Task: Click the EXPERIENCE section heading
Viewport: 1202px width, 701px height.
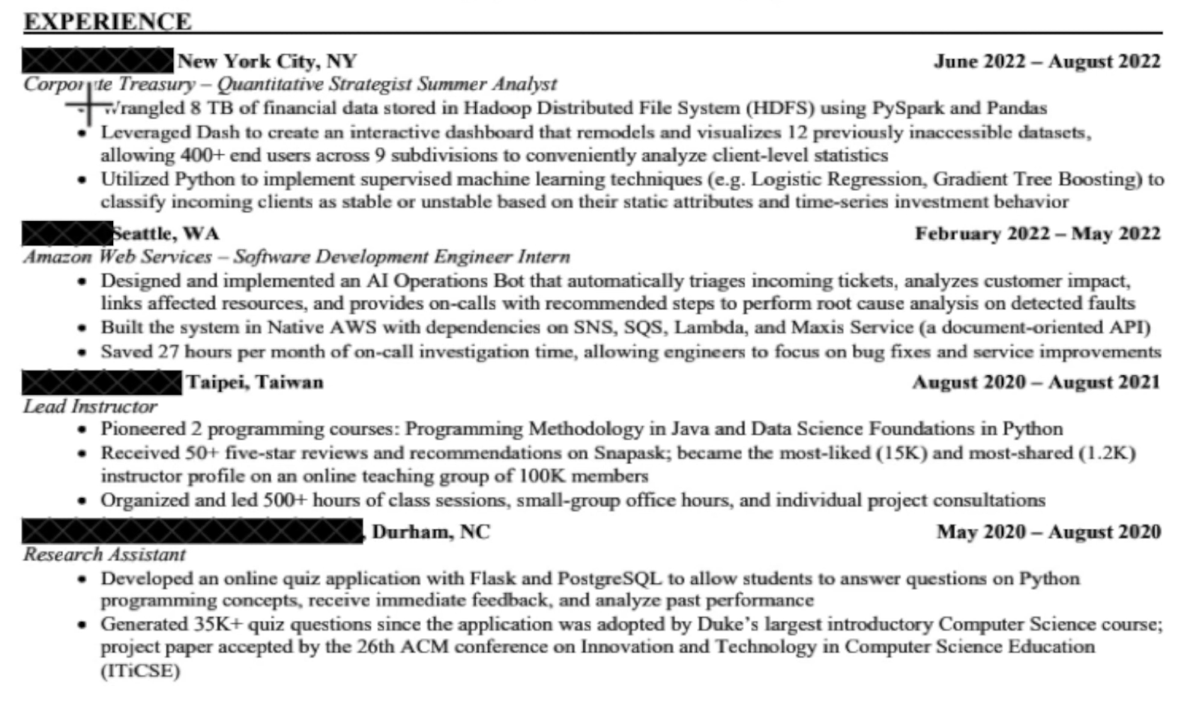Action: [x=107, y=21]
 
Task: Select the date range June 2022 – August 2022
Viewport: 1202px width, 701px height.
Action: [x=1046, y=61]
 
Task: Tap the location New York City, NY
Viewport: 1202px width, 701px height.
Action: [x=267, y=61]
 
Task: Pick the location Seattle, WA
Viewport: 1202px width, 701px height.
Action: [x=166, y=234]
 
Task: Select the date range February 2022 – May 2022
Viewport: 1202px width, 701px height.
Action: [x=1037, y=234]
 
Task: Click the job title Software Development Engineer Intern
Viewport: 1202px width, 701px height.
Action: [x=401, y=257]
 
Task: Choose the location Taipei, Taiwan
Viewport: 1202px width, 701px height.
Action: [x=255, y=382]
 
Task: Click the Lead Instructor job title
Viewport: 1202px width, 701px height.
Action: [x=90, y=406]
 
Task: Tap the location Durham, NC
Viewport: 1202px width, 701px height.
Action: [x=431, y=532]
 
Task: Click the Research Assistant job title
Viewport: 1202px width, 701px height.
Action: [x=104, y=554]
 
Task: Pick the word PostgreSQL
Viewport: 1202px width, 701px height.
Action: [x=610, y=578]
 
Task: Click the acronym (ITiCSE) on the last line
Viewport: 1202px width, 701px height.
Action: [x=141, y=670]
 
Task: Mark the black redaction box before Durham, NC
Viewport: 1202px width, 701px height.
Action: [x=193, y=531]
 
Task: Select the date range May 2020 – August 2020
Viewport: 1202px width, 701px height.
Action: [x=1048, y=532]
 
